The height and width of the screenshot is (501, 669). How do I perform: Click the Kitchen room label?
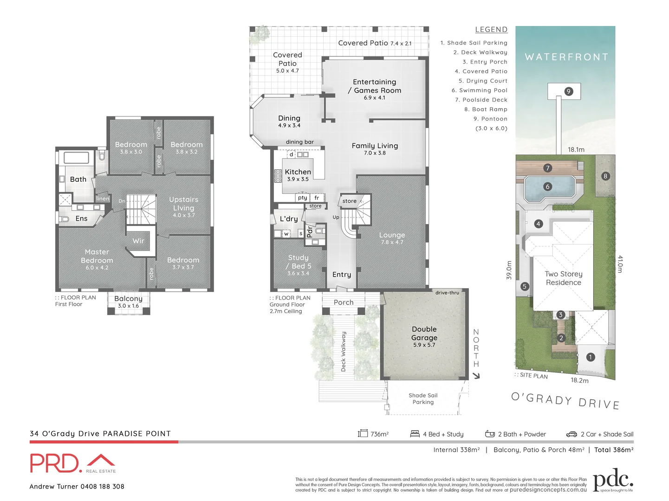pyautogui.click(x=298, y=172)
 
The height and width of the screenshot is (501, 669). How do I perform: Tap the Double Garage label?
pyautogui.click(x=424, y=334)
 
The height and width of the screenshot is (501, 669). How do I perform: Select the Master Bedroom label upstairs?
pyautogui.click(x=97, y=257)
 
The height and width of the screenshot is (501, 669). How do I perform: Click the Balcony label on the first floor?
pyautogui.click(x=128, y=299)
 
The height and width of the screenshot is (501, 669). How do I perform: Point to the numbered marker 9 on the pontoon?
pyautogui.click(x=568, y=91)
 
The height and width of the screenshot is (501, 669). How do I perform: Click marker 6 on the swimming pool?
pyautogui.click(x=547, y=186)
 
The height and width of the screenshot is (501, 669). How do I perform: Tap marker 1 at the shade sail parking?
pyautogui.click(x=590, y=357)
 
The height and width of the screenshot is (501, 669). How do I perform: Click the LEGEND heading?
pyautogui.click(x=491, y=30)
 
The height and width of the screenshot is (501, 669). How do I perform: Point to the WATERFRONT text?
pyautogui.click(x=566, y=57)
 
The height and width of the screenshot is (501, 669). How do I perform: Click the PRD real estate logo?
pyautogui.click(x=72, y=463)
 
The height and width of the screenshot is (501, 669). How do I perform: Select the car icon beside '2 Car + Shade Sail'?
pyautogui.click(x=571, y=434)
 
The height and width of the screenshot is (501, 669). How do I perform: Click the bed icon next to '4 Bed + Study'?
pyautogui.click(x=415, y=434)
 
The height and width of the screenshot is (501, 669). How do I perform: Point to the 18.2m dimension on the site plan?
pyautogui.click(x=579, y=380)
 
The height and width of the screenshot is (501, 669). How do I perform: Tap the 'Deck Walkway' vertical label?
pyautogui.click(x=344, y=351)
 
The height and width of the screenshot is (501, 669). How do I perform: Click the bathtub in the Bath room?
pyautogui.click(x=76, y=158)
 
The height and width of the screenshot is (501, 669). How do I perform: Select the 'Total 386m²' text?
pyautogui.click(x=613, y=450)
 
